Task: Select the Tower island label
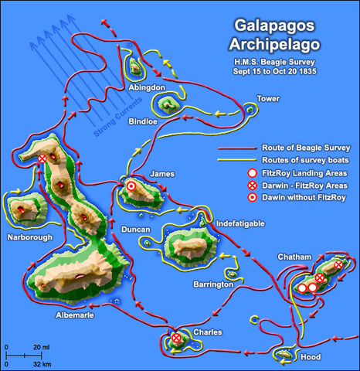(x=267, y=99)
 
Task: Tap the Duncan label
(x=135, y=230)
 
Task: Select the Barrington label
(x=213, y=284)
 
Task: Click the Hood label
(x=309, y=357)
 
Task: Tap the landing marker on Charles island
(x=177, y=339)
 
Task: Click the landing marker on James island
(x=131, y=186)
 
